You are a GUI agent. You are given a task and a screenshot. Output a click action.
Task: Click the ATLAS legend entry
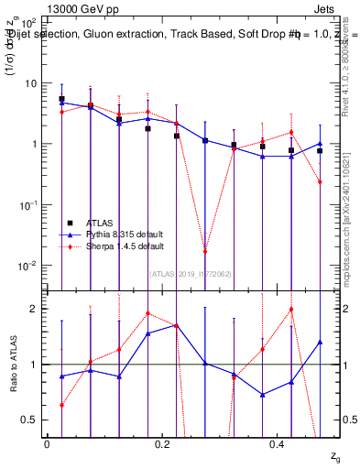[x=88, y=224]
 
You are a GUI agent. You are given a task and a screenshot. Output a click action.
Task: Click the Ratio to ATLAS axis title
[x=12, y=365]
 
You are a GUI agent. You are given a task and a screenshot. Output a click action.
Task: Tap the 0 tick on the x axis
[x=46, y=443]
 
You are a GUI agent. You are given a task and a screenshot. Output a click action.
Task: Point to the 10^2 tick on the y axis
[x=27, y=22]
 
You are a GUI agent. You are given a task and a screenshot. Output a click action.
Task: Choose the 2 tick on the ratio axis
[x=33, y=309]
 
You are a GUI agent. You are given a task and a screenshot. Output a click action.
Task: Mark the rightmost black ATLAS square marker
[x=320, y=151]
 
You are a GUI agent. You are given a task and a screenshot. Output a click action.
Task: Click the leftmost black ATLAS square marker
[x=61, y=99]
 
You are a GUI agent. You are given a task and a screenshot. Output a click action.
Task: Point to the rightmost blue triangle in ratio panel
[x=320, y=342]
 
